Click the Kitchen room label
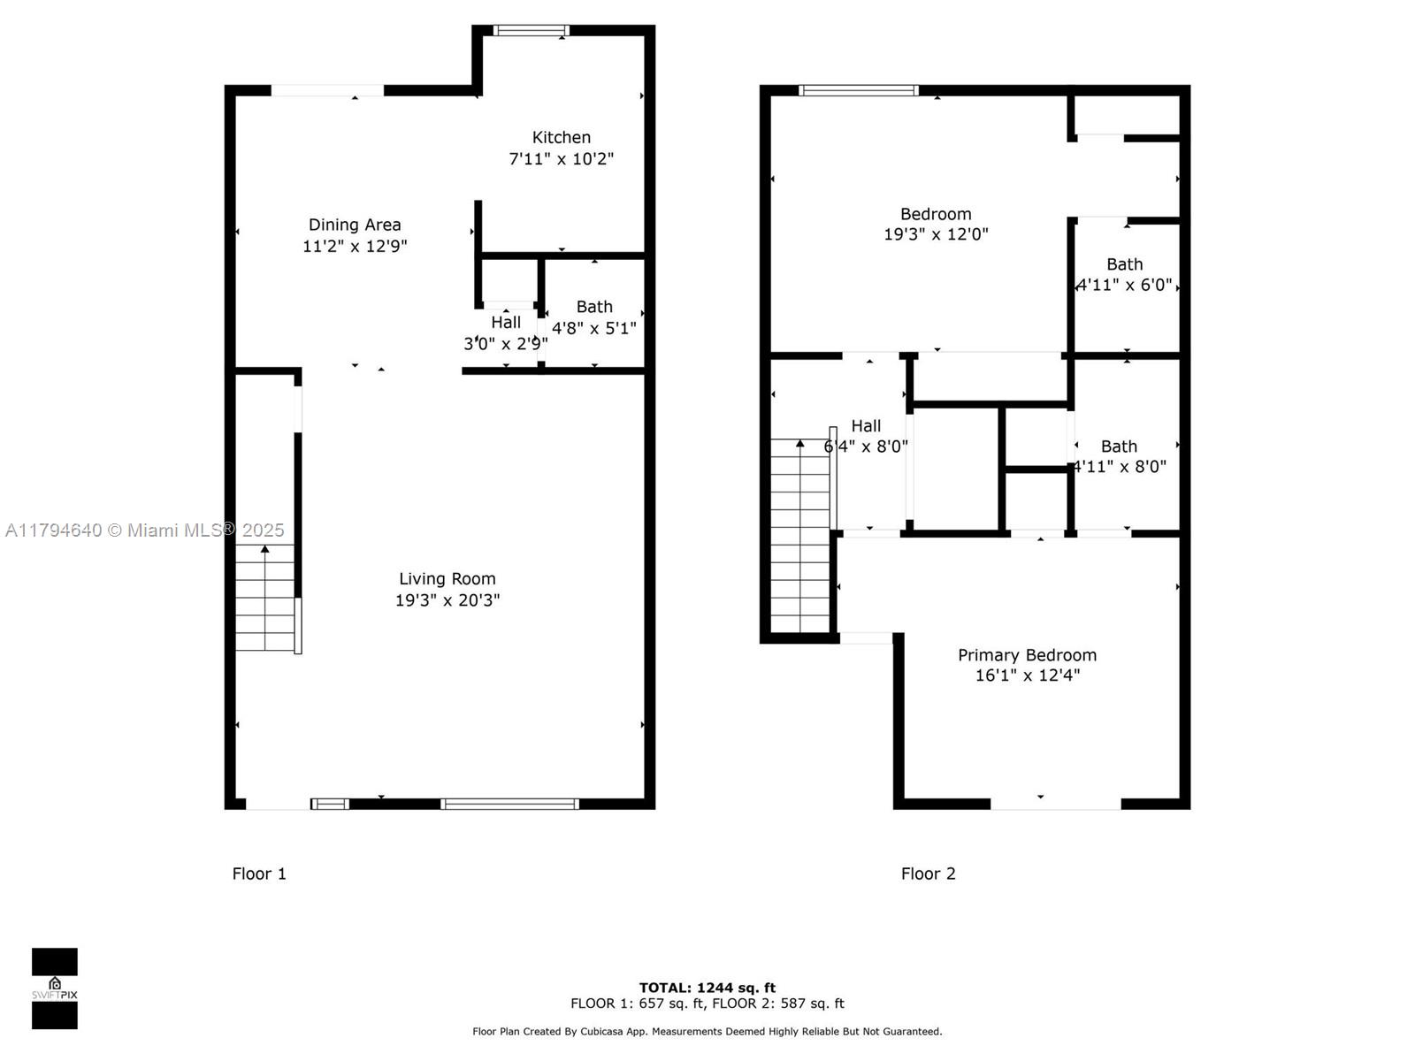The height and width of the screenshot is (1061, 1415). (x=561, y=137)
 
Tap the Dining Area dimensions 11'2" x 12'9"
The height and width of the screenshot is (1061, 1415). (x=355, y=246)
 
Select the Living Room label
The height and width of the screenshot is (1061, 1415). (x=447, y=578)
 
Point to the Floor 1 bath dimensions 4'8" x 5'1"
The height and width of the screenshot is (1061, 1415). (x=593, y=328)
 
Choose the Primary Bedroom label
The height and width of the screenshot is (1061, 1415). (x=1027, y=655)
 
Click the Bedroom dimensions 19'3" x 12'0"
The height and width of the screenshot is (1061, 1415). (x=936, y=234)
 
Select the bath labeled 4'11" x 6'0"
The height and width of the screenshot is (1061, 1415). (x=1124, y=274)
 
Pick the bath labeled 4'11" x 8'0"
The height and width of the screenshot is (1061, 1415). (x=1119, y=456)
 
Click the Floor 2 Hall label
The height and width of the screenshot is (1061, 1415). (x=866, y=425)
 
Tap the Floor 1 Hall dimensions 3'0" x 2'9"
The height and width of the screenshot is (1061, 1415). (x=505, y=344)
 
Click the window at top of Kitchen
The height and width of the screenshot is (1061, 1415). (x=531, y=31)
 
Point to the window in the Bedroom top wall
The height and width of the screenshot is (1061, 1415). (x=858, y=90)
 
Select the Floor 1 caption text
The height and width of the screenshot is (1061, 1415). (x=259, y=874)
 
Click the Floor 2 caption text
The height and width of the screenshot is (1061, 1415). (x=928, y=874)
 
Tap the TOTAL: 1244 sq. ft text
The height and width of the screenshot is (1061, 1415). (x=707, y=988)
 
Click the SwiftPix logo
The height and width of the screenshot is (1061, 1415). (x=55, y=988)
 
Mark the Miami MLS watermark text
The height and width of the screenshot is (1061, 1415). (x=144, y=530)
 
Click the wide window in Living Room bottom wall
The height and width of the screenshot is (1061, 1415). (x=509, y=804)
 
